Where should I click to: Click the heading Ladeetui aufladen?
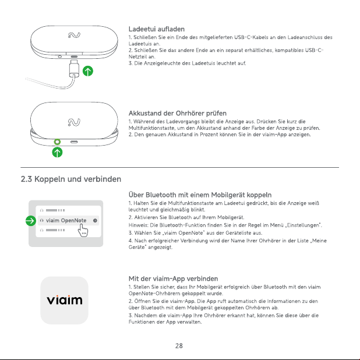156,29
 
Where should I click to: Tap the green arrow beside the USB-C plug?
88,71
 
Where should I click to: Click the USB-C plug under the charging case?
74,68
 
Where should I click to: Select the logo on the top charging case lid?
74,35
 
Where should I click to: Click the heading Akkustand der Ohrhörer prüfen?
178,113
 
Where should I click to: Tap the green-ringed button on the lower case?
57,142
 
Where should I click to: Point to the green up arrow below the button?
57,153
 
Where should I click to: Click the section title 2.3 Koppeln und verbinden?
71,179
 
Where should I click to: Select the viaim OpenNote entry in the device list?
66,220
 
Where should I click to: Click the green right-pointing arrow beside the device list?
31,221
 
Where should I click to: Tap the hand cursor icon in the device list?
83,230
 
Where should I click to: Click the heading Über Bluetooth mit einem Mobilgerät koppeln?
200,195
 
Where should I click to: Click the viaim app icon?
64,301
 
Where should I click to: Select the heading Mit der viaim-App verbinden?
174,278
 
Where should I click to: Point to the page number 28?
179,346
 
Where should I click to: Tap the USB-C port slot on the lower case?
74,142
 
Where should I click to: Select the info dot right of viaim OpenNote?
95,221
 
